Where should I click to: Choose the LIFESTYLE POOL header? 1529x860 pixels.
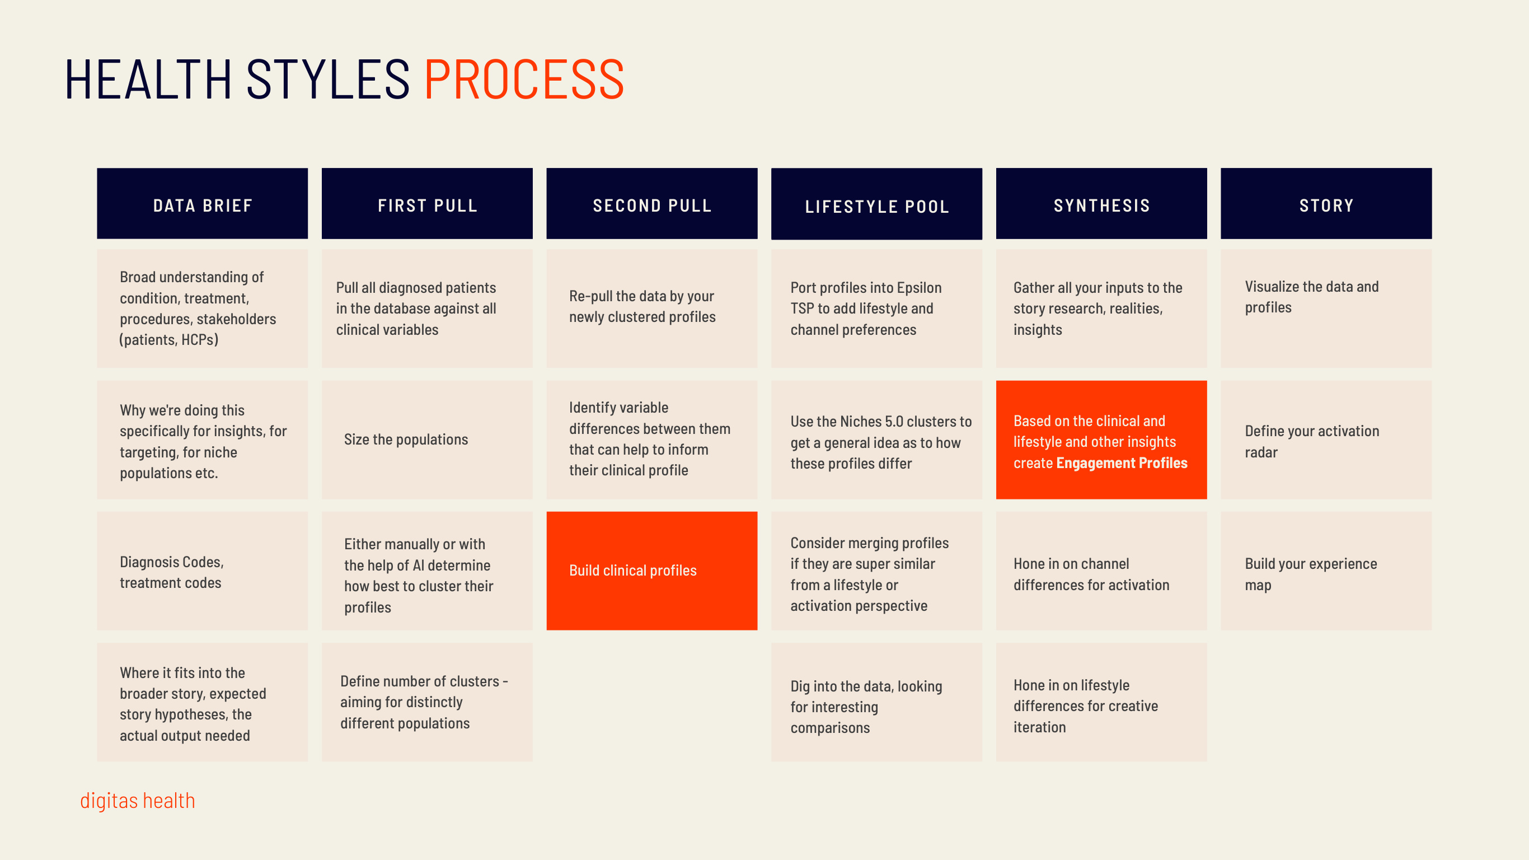coord(876,205)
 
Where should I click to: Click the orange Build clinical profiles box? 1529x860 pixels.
coord(651,570)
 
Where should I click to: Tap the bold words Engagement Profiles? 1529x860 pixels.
coord(1121,462)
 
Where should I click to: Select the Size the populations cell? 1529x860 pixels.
coord(427,440)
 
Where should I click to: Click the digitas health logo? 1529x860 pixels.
coord(138,801)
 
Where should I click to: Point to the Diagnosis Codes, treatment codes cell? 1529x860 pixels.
coord(203,571)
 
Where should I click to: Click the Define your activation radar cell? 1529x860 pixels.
coord(1326,441)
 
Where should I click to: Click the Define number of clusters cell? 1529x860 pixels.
coord(427,702)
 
